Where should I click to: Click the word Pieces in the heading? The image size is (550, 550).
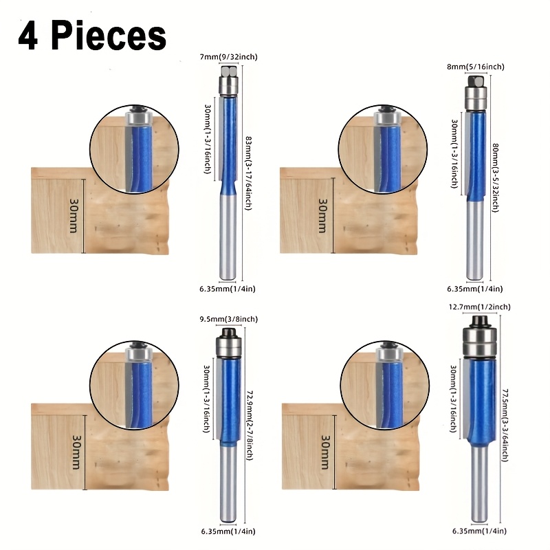coord(109,36)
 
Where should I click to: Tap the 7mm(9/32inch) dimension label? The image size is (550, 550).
coord(229,57)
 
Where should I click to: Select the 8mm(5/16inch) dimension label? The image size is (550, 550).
coord(476,67)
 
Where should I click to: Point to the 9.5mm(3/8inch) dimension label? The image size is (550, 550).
coord(229,319)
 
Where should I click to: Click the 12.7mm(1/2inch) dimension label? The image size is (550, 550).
coord(480,307)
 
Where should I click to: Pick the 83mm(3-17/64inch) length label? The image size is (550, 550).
coord(248,173)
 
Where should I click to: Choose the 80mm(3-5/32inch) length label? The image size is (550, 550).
coord(495,177)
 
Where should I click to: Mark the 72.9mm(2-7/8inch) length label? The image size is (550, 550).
coord(250,426)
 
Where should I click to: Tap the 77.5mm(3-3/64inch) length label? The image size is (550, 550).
coord(505,425)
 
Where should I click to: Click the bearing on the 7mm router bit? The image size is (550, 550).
coord(228,85)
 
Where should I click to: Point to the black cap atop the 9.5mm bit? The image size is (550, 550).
coord(228,332)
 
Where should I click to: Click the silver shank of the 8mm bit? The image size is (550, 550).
coord(476,241)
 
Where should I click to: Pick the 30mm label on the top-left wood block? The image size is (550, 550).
coord(74,216)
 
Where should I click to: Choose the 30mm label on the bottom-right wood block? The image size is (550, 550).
coord(325,452)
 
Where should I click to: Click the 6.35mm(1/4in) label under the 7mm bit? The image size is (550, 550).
coord(228,289)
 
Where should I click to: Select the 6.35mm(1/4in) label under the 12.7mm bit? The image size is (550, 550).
coord(479,531)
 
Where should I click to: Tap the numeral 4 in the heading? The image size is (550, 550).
coord(28,36)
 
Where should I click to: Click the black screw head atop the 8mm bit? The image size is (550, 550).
coord(476,82)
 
